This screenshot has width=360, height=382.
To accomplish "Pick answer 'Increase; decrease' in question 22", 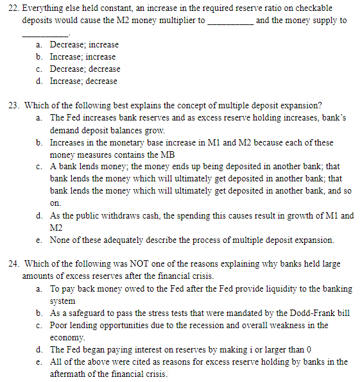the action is (x=83, y=81).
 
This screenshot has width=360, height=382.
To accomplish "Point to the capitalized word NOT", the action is (x=138, y=264).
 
